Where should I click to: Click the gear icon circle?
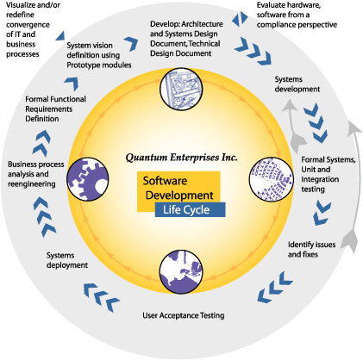(x=88, y=179)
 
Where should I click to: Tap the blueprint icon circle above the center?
(x=181, y=89)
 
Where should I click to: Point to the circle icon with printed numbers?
(x=272, y=178)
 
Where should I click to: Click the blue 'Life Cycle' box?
(x=190, y=209)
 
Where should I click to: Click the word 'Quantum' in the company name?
(x=147, y=158)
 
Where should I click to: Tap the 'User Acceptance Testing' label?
(x=184, y=315)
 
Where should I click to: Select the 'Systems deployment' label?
(x=67, y=260)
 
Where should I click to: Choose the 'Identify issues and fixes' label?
(x=312, y=249)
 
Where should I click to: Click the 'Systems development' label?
(x=297, y=84)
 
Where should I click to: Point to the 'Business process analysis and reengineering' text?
(x=36, y=174)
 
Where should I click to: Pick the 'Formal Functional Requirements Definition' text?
(x=55, y=109)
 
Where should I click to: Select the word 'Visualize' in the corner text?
(x=20, y=5)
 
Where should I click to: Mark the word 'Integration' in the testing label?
(x=320, y=179)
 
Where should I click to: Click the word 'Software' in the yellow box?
(x=165, y=181)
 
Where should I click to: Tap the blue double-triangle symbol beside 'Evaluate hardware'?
(x=240, y=18)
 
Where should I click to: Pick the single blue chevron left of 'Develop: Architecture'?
(x=131, y=44)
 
